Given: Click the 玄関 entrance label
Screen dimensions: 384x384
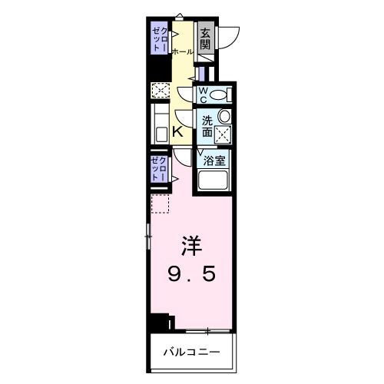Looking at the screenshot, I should (x=205, y=39).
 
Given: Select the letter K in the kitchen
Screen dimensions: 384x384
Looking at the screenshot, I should (x=177, y=132).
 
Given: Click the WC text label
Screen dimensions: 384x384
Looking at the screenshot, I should (x=204, y=94).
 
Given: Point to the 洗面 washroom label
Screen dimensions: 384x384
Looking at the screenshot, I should (x=207, y=126).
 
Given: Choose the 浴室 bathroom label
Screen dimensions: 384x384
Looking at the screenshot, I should (x=214, y=161).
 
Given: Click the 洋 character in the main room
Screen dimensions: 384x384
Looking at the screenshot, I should (x=192, y=246).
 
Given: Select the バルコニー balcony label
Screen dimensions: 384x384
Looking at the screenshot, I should (x=191, y=353).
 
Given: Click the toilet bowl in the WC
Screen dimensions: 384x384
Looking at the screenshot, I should (x=220, y=95).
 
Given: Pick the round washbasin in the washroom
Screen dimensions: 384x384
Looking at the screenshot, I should (x=223, y=116).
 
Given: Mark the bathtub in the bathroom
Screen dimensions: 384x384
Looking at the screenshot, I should (x=214, y=184).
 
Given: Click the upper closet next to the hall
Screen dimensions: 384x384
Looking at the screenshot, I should (x=160, y=39).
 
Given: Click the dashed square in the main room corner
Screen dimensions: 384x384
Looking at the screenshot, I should (x=160, y=205).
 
